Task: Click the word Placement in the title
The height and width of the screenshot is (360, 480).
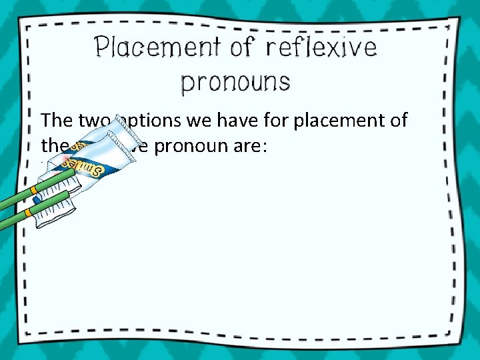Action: (x=154, y=48)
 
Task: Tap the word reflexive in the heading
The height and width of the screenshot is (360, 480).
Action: (x=321, y=48)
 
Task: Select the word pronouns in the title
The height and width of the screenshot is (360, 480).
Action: (x=236, y=82)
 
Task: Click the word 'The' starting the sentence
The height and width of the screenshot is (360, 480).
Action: (x=54, y=120)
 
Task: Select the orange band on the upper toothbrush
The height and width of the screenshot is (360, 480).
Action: (x=33, y=189)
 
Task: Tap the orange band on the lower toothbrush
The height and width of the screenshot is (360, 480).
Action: (x=27, y=213)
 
